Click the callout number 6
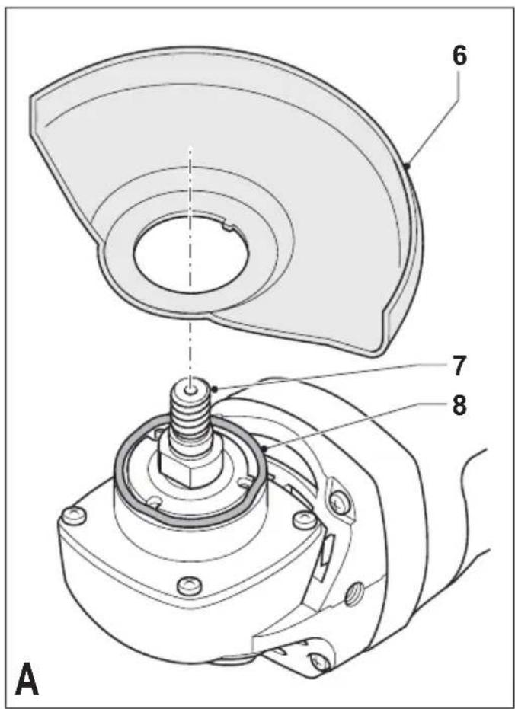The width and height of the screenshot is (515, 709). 459,57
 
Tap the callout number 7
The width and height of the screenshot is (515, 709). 459,366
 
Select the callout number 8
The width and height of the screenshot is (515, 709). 459,406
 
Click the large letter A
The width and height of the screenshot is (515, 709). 27,679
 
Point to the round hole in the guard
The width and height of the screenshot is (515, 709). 190,255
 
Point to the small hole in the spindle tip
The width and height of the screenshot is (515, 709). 190,389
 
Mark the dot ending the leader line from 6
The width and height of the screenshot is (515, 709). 407,166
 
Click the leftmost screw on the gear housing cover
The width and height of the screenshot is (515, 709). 73,516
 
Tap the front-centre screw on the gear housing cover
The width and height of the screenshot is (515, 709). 189,586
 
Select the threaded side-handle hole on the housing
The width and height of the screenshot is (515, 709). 353,597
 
